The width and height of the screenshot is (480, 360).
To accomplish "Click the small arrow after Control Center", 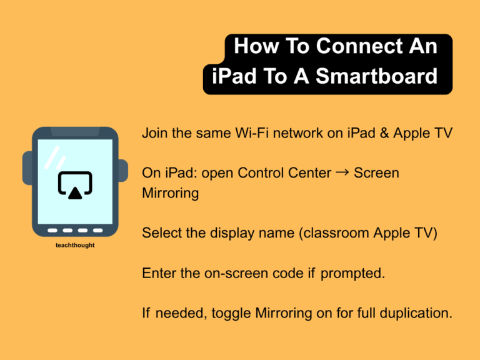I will coord(342,171).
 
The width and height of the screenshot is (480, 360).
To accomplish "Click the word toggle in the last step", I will coord(233,312).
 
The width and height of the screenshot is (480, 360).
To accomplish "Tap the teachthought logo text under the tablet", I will coord(75,245).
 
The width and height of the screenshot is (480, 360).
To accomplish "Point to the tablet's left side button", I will coord(26,172).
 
